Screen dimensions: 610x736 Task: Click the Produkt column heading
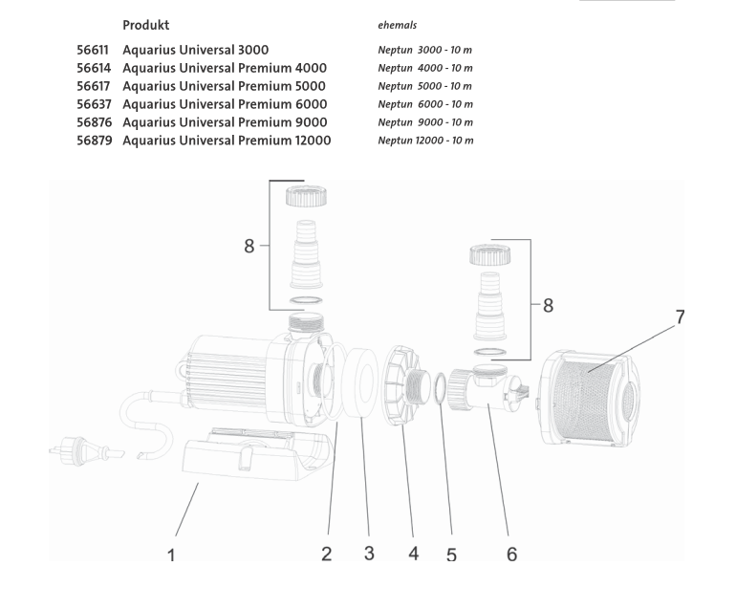(146, 25)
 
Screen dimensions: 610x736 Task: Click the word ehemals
(398, 26)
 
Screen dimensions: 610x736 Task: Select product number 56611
(94, 50)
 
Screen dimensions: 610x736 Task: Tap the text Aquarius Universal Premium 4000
(225, 68)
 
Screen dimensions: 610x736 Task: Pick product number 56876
(94, 122)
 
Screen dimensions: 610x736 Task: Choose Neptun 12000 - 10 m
(425, 141)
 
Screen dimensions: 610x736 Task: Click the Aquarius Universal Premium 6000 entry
(225, 104)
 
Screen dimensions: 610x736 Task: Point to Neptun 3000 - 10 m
(425, 50)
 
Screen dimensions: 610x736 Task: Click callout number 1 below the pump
(172, 556)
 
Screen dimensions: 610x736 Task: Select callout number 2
(326, 554)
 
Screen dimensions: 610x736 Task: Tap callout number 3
(369, 554)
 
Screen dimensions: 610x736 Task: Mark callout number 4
(414, 554)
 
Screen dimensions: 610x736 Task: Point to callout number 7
(681, 316)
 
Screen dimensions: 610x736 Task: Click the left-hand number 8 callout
(249, 246)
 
